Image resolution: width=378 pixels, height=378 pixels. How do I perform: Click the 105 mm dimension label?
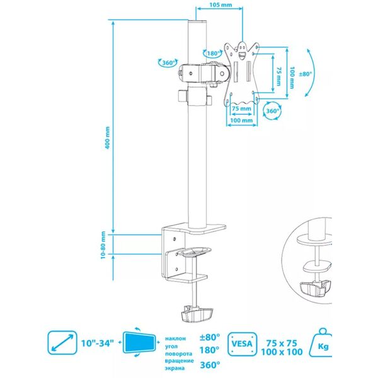click(x=220, y=4)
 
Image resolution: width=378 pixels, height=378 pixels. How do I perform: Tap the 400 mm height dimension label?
click(x=107, y=137)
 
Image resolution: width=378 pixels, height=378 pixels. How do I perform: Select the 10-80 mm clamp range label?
click(x=103, y=245)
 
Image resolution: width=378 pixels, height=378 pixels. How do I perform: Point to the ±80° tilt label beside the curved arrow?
click(x=306, y=74)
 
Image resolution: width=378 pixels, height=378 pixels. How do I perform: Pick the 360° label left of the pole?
click(x=168, y=63)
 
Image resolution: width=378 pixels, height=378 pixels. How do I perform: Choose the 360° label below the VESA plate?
click(x=272, y=111)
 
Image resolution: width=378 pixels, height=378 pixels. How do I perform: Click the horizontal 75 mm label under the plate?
click(x=241, y=108)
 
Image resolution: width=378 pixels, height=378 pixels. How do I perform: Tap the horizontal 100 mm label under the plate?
click(x=241, y=120)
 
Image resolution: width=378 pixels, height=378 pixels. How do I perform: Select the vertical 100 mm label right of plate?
click(x=292, y=77)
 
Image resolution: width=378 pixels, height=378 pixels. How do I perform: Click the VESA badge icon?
click(x=242, y=344)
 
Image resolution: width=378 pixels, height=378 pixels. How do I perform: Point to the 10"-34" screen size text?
click(x=97, y=343)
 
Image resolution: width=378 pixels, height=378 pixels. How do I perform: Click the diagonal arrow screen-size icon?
click(x=62, y=343)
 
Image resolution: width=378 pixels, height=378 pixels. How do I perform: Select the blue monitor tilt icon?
click(x=139, y=342)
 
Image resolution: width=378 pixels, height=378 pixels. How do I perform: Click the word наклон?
click(x=175, y=338)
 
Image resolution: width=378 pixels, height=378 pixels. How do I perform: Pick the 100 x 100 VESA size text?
click(x=282, y=352)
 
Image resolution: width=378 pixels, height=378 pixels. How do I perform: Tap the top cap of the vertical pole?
click(x=197, y=21)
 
